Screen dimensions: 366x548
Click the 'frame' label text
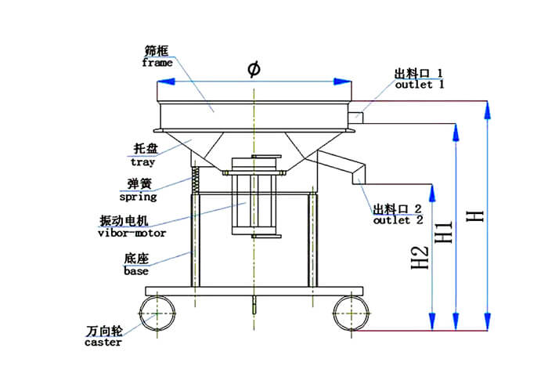point(157,63)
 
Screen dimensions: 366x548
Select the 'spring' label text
point(138,197)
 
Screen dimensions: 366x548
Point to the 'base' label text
point(135,271)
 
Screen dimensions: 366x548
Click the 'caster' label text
point(103,342)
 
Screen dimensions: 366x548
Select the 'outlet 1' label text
point(419,85)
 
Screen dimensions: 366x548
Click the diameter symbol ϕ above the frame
point(254,70)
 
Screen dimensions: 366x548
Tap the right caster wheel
point(350,314)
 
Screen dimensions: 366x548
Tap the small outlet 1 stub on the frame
point(356,116)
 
